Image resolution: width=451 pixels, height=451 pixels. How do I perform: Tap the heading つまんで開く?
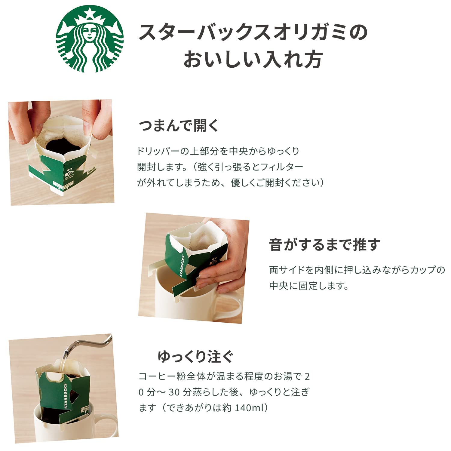point(179,125)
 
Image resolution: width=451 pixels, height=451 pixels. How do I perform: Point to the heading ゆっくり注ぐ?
point(196,357)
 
